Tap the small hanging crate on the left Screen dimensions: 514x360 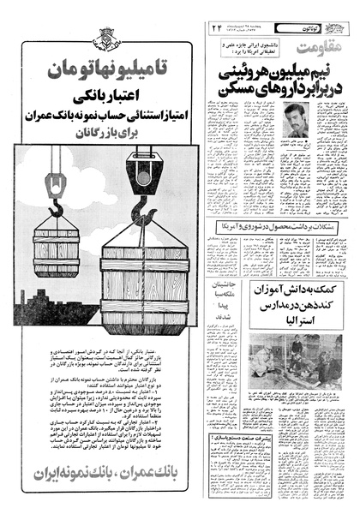pos(57,248)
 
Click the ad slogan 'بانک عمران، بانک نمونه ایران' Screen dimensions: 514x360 pos(103,473)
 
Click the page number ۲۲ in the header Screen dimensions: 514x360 pos(218,28)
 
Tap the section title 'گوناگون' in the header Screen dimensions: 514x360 pos(330,28)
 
